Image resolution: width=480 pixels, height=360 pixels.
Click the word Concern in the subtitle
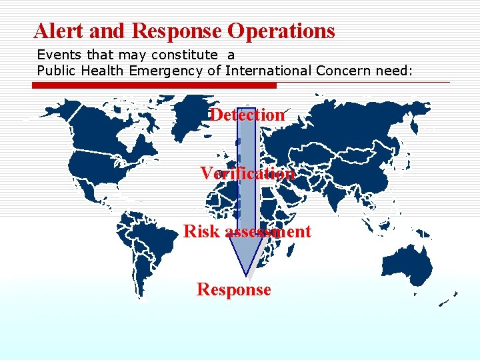[x=340, y=70]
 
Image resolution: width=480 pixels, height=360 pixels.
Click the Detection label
[x=247, y=115]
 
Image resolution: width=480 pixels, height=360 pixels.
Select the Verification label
[x=247, y=173]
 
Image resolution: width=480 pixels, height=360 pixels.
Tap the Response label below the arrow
[x=233, y=289]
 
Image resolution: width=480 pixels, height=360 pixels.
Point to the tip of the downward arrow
[x=247, y=274]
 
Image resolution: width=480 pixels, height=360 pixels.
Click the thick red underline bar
[x=157, y=85]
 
